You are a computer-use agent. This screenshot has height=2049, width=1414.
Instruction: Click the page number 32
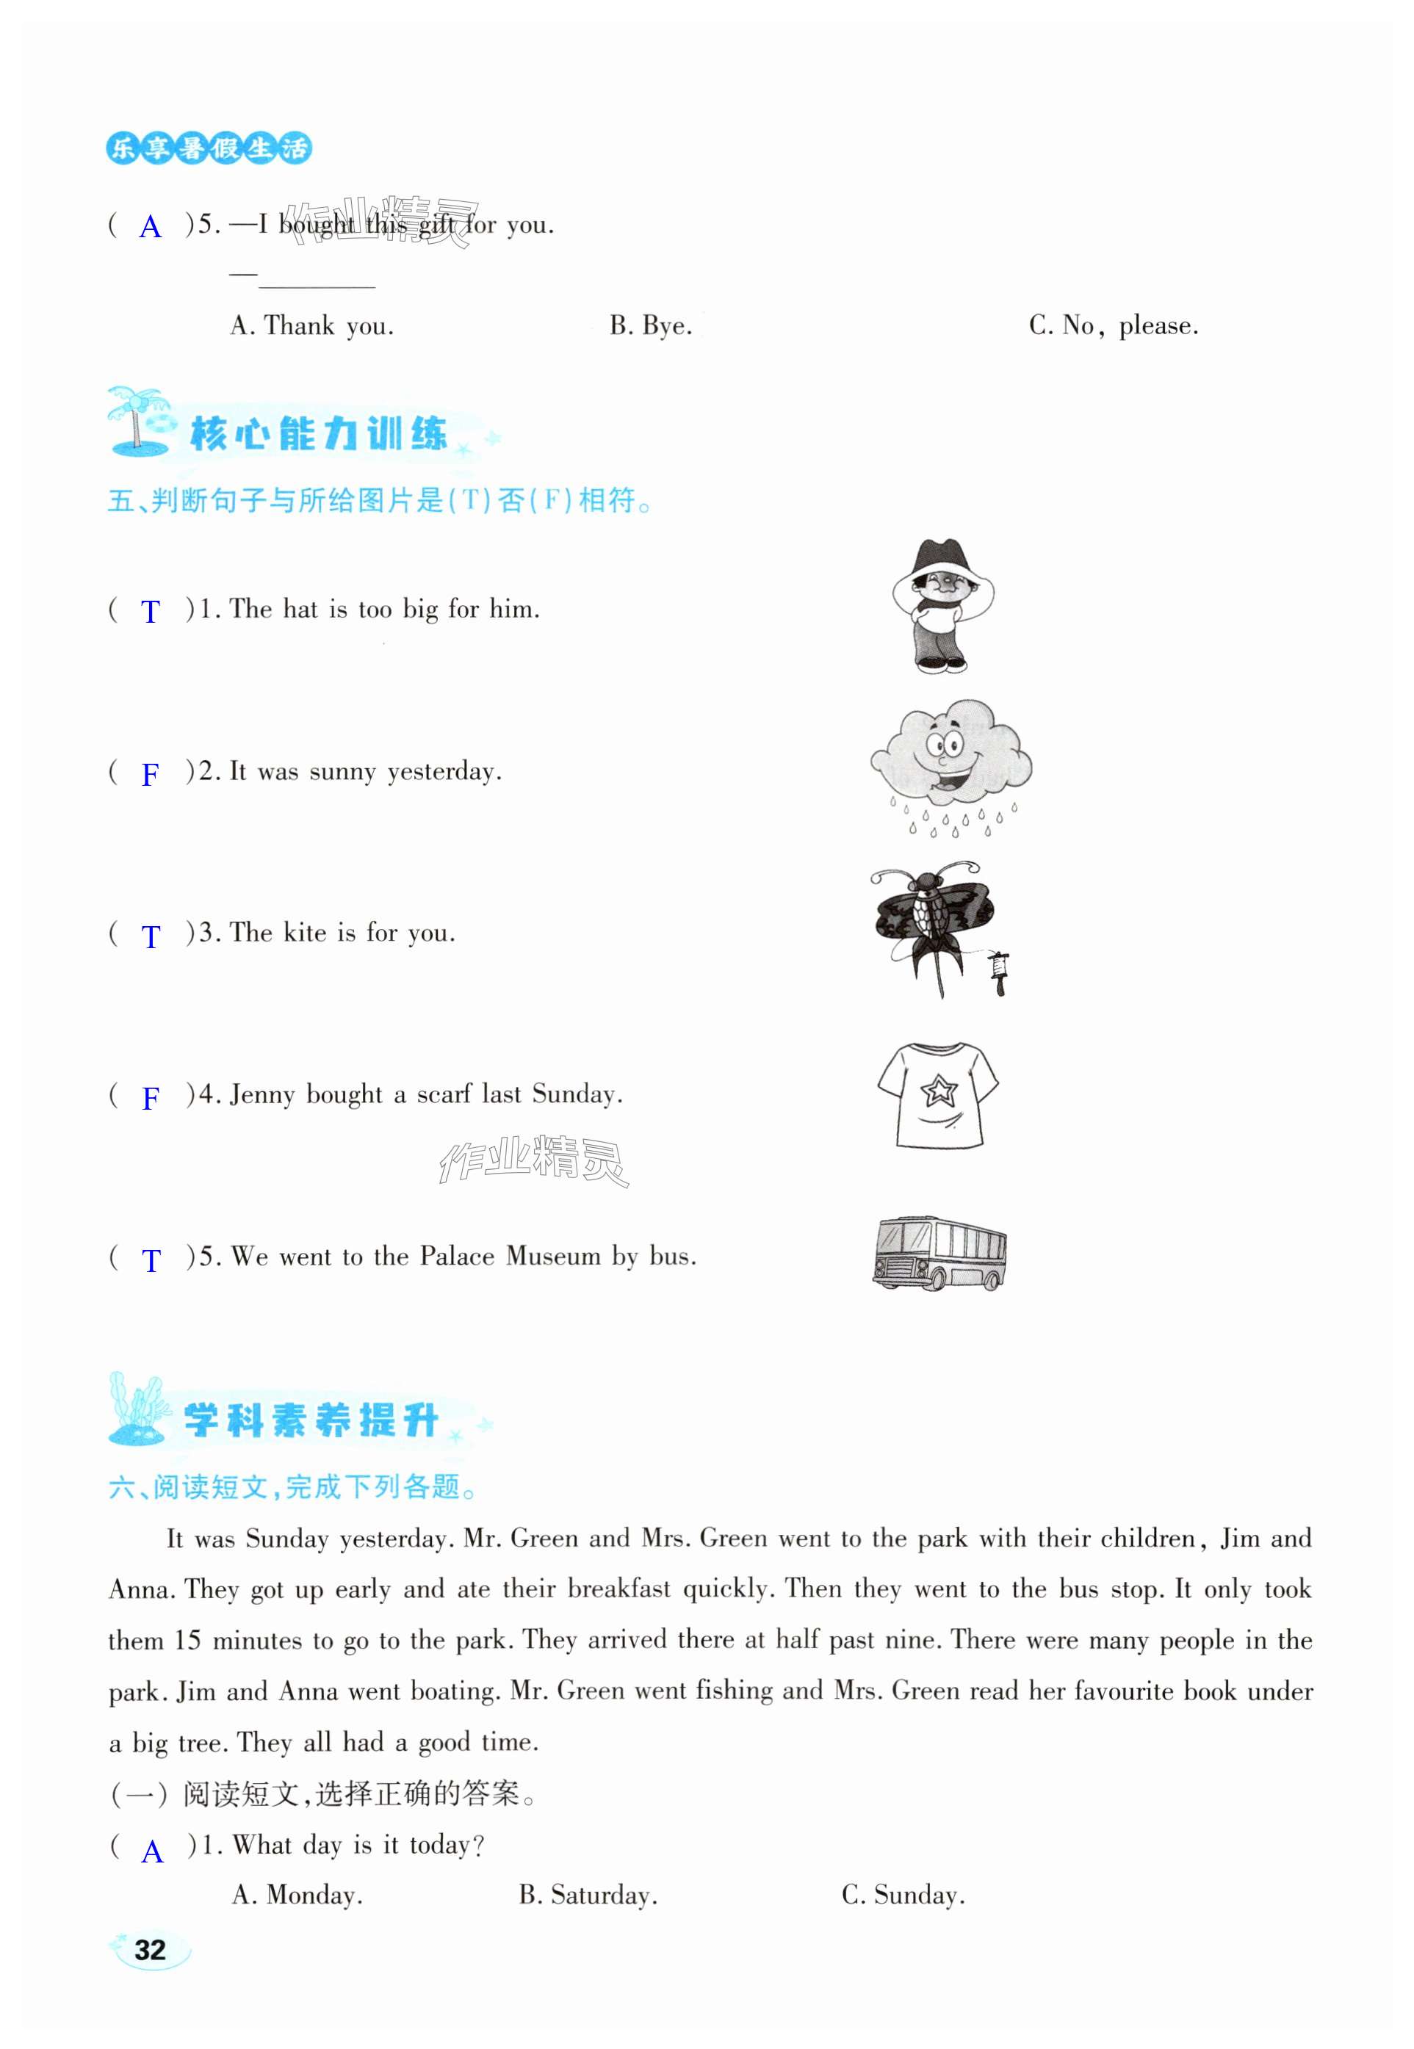(x=150, y=1949)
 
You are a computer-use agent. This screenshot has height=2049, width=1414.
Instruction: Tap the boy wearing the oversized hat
(x=942, y=606)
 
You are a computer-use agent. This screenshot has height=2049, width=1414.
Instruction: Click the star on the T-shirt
(x=938, y=1090)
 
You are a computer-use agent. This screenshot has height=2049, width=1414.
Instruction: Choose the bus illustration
(x=939, y=1251)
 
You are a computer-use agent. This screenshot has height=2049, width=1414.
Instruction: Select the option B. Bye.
(x=650, y=326)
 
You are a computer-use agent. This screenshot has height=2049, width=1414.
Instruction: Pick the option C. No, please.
(x=1113, y=326)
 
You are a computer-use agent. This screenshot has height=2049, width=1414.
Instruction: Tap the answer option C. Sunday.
(x=903, y=1895)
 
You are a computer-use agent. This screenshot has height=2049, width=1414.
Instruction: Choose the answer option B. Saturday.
(x=588, y=1895)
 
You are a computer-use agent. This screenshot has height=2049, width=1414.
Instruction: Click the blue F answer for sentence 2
(x=151, y=774)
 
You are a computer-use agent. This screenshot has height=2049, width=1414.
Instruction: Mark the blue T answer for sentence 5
(x=151, y=1260)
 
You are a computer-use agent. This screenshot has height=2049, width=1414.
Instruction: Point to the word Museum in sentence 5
(x=553, y=1256)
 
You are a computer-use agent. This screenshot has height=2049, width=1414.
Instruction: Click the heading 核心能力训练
(x=319, y=434)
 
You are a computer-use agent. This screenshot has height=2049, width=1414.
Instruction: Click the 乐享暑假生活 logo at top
(x=209, y=148)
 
